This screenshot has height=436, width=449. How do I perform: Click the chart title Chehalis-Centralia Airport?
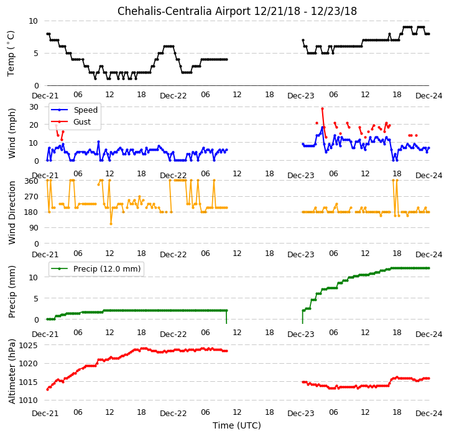184,11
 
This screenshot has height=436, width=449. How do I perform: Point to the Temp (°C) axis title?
11,54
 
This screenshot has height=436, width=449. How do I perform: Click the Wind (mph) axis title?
11,133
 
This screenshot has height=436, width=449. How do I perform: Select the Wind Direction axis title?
12,212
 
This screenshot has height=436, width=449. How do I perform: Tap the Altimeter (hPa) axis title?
12,371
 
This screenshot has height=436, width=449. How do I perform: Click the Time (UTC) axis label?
237,425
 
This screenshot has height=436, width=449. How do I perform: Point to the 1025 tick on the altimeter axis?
28,345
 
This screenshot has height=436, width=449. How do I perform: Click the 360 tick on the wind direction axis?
32,181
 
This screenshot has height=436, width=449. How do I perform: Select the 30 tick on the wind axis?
34,107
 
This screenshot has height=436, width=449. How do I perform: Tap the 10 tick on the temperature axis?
33,21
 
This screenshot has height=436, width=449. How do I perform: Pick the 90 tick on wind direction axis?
34,228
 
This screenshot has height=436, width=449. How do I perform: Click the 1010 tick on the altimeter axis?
28,400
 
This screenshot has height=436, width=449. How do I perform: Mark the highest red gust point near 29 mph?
322,109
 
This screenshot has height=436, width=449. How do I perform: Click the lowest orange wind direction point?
111,224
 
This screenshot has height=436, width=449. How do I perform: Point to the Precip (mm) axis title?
12,291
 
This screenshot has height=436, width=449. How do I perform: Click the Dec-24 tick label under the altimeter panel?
428,414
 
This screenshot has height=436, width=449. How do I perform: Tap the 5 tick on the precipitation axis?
36,298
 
